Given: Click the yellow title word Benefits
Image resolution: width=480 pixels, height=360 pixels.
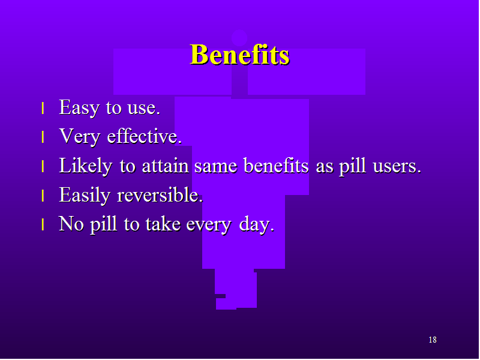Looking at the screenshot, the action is [x=239, y=55].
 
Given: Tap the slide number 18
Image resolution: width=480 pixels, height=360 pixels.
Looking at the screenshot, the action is [x=433, y=340].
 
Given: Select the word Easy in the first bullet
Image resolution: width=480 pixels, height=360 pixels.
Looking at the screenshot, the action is [x=79, y=108].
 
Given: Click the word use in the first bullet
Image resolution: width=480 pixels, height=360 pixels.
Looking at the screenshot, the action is [x=143, y=109].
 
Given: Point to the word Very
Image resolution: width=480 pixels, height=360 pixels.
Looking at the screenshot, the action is [x=80, y=137].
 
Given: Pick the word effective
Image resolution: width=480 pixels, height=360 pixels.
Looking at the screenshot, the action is [x=144, y=136].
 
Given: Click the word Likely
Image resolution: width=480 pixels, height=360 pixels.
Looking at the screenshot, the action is [x=85, y=166].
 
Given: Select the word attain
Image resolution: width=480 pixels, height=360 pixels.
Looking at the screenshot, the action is [x=166, y=166].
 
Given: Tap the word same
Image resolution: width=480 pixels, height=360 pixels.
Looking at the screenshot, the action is [x=216, y=167].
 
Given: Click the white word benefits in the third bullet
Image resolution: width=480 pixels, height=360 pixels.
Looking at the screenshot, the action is [x=276, y=166].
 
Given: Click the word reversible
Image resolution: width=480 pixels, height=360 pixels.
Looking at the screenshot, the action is [x=160, y=194].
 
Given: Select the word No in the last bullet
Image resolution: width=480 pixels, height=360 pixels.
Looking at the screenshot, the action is [x=71, y=224].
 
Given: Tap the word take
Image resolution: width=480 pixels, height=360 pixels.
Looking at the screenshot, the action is [x=163, y=224].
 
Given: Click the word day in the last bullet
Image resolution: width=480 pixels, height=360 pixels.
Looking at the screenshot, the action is [x=256, y=224].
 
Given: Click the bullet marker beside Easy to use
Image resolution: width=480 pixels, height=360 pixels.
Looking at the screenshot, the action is [x=43, y=109].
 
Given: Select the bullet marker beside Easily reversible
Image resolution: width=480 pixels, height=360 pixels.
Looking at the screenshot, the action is [x=43, y=196].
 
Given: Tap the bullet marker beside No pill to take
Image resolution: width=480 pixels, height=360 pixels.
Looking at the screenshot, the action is [x=43, y=224].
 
